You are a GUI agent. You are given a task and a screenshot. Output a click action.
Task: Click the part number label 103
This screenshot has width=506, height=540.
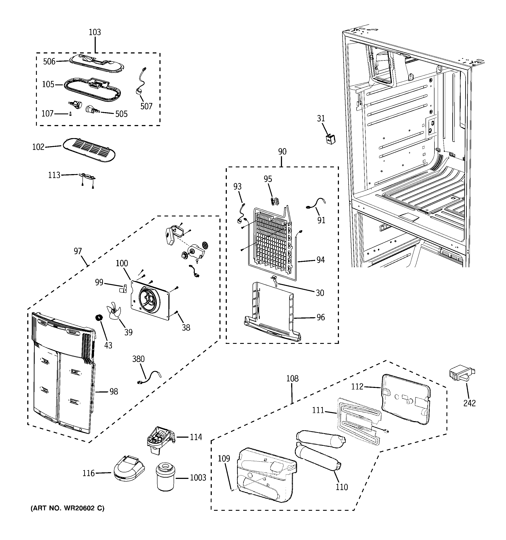pos(95,32)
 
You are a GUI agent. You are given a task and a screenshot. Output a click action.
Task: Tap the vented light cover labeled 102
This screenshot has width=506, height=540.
pos(89,150)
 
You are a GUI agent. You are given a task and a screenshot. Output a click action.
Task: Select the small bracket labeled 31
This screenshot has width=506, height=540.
pos(330,139)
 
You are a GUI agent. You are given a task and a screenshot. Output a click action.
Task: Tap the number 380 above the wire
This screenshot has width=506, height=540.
pos(138,359)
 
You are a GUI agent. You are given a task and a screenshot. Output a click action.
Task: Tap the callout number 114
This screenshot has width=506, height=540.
pos(196,437)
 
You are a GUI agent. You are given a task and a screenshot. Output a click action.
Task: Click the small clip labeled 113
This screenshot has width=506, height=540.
pos(87,177)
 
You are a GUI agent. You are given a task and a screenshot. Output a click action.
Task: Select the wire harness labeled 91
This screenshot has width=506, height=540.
pos(316,204)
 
